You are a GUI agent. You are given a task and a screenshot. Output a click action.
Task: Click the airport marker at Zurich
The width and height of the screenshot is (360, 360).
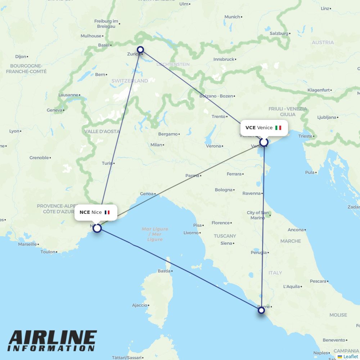point(140,50)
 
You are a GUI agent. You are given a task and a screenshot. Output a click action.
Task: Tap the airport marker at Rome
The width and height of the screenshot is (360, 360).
point(261,310)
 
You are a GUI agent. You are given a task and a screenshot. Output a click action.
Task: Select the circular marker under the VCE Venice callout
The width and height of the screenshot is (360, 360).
point(264,142)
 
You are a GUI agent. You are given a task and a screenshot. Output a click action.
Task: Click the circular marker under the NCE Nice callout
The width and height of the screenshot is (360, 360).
point(97,228)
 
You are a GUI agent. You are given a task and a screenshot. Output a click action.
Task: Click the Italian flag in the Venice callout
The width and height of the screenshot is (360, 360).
point(278,128)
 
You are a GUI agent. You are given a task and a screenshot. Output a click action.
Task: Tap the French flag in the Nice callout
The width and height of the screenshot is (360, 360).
point(107,212)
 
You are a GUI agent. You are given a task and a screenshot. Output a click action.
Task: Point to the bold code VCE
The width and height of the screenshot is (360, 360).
point(251,128)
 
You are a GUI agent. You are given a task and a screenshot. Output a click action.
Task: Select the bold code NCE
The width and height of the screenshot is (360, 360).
point(85,212)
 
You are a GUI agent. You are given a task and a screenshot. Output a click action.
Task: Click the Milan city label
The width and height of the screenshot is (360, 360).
point(156,145)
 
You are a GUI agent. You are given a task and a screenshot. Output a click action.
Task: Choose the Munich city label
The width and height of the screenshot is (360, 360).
point(232,17)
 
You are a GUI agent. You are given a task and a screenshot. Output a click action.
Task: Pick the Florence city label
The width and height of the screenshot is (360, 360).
point(220,223)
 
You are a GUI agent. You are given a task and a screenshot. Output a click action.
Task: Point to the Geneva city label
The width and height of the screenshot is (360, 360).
point(54,110)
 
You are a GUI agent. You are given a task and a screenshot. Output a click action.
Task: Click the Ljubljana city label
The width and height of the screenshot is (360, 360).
point(327,117)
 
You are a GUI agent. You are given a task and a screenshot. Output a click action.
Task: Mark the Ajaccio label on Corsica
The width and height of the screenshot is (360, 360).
point(139,305)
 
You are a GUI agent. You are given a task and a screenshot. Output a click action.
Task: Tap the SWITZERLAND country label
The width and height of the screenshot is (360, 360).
point(130,81)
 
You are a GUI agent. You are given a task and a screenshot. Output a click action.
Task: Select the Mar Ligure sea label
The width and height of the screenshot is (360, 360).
point(155,229)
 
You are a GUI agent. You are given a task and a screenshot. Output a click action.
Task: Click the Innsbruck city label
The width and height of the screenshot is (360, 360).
point(224,59)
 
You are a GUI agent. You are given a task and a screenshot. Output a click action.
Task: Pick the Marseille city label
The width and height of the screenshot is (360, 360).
point(27,244)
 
